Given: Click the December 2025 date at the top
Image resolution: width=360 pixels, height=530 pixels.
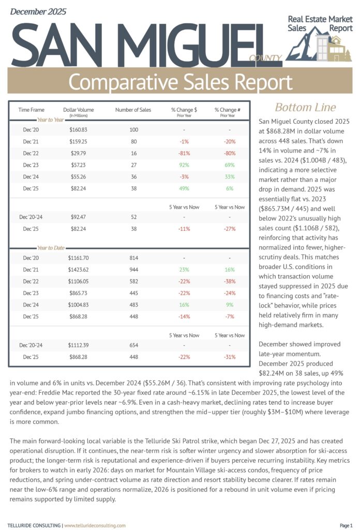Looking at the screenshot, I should coord(39,11).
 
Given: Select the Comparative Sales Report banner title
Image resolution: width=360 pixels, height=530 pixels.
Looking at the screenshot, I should coord(180,82).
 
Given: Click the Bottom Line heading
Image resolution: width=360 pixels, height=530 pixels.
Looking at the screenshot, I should coord(305,108).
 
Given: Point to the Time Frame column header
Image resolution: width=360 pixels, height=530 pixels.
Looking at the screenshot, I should coord(32,110).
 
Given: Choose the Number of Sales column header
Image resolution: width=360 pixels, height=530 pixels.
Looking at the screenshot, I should coord(133,110).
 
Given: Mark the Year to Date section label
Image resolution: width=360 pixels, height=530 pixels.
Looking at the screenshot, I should coord(50,248).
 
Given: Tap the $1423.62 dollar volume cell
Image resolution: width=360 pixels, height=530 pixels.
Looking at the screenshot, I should coord(78,269).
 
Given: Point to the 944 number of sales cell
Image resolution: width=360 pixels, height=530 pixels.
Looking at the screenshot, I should coord(133,269).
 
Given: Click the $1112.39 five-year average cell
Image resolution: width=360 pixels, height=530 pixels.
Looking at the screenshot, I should coord(78,345).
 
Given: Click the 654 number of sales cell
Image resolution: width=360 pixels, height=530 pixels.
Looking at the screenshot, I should coord(133,345).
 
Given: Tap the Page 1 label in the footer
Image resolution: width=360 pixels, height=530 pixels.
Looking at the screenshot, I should coord(346,525).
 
